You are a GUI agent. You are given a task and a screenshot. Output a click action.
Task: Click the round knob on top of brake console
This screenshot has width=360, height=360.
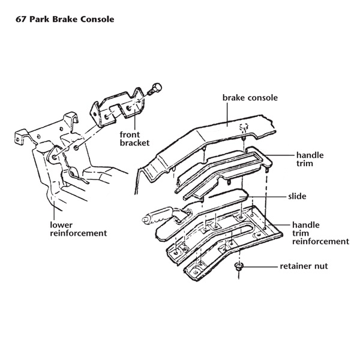point(244,127)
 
